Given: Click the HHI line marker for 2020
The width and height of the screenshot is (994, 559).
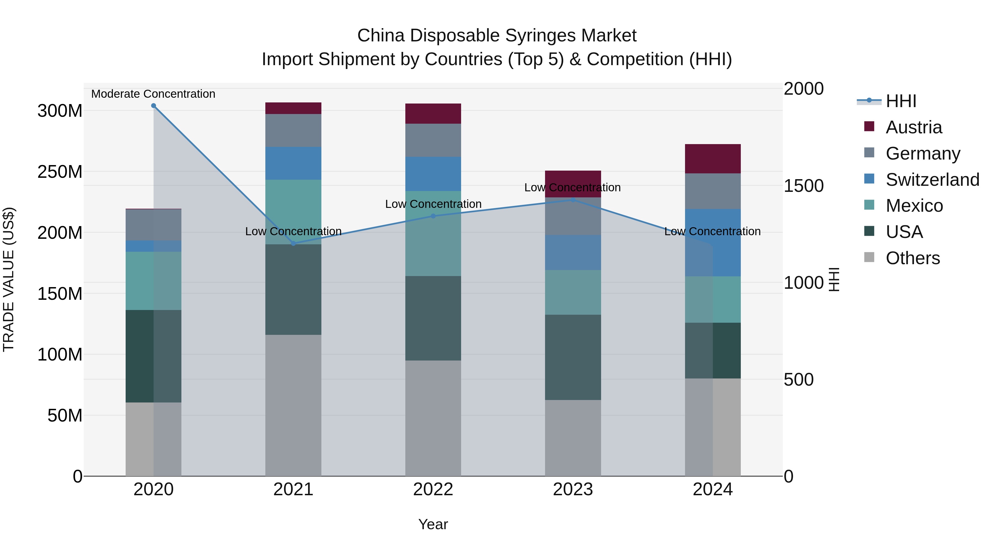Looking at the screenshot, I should (x=154, y=106).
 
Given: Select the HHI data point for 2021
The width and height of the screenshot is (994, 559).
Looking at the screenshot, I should (x=293, y=243).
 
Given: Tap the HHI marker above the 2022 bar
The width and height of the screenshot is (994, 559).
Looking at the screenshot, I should (x=433, y=216).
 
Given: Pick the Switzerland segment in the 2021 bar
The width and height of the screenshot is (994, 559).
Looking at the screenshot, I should (x=293, y=163).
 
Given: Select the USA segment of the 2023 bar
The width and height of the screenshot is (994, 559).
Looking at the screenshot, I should (x=573, y=357).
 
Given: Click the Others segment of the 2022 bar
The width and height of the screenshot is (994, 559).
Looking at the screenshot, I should (x=433, y=418).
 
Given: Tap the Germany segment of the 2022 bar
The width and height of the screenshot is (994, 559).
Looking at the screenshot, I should (x=433, y=140).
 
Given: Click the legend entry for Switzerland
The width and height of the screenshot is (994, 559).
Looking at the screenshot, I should (x=932, y=180).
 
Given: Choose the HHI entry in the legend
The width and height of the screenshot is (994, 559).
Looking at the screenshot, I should (x=901, y=101).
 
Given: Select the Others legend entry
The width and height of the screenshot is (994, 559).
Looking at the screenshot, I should (x=912, y=258).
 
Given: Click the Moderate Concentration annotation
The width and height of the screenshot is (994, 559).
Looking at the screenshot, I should (x=153, y=94).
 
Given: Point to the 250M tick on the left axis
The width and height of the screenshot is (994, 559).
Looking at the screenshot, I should (x=60, y=172).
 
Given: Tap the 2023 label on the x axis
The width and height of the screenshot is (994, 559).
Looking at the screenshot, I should (x=573, y=489).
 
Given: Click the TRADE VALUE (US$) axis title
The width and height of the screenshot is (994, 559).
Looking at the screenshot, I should (x=9, y=279).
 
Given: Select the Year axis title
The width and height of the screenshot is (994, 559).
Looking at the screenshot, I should (x=433, y=524).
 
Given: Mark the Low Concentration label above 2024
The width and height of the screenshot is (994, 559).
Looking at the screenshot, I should (x=712, y=232).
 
